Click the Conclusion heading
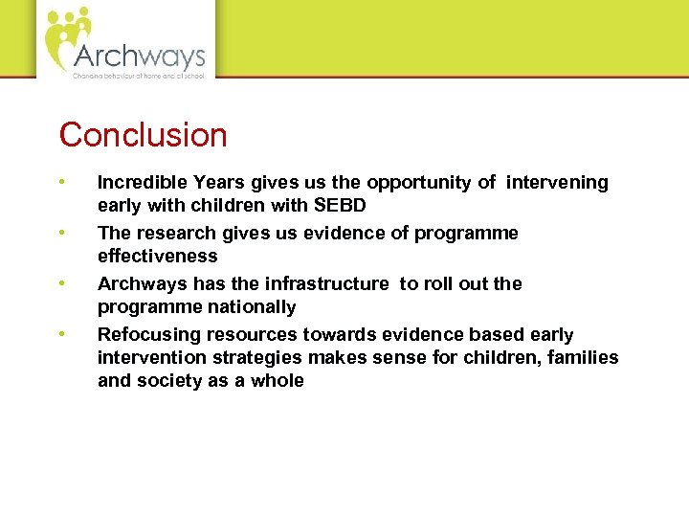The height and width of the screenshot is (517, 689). [144, 135]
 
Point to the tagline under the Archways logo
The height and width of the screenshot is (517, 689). [138, 75]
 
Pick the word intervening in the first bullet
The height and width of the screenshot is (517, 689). [558, 182]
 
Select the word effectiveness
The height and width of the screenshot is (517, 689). [157, 256]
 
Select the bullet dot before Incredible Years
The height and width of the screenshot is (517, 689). [61, 182]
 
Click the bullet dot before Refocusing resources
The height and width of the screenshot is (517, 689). [61, 334]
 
